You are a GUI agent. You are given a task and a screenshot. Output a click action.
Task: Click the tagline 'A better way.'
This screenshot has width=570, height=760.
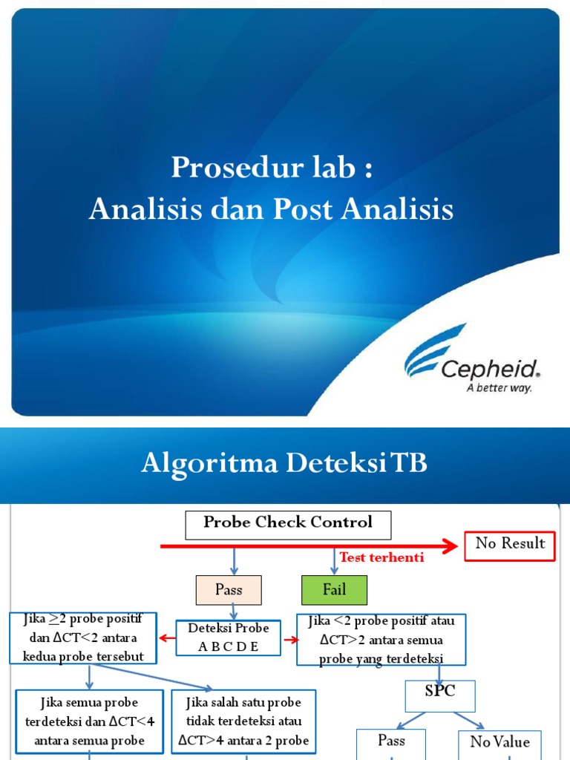(x=499, y=388)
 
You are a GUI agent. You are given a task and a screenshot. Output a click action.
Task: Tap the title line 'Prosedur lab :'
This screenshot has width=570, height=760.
(x=271, y=168)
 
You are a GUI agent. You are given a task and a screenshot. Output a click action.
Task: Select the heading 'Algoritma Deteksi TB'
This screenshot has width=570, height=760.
(x=284, y=465)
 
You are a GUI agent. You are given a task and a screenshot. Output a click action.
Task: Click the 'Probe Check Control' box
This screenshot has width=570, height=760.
(x=288, y=523)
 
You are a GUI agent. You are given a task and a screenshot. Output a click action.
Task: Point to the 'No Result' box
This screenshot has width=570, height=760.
(x=510, y=544)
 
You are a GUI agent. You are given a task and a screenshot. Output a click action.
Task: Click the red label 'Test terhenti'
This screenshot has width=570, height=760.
(x=381, y=557)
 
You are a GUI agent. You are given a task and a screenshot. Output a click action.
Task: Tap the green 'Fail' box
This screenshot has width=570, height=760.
(x=334, y=590)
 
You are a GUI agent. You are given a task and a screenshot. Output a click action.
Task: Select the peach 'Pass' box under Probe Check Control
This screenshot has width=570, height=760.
(x=229, y=590)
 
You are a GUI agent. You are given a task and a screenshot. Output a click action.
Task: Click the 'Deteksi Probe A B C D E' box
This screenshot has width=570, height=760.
(x=229, y=638)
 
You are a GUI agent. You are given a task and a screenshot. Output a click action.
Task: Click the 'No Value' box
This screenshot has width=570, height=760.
(x=500, y=743)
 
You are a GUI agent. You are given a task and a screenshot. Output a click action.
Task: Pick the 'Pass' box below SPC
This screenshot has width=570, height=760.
(x=391, y=741)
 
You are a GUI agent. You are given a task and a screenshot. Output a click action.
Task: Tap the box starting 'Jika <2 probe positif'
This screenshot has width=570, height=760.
(x=381, y=639)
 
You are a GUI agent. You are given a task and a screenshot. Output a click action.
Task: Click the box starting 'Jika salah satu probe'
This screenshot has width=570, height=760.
(x=243, y=720)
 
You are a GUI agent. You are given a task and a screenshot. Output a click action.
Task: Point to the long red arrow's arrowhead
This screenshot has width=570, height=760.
(x=450, y=547)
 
